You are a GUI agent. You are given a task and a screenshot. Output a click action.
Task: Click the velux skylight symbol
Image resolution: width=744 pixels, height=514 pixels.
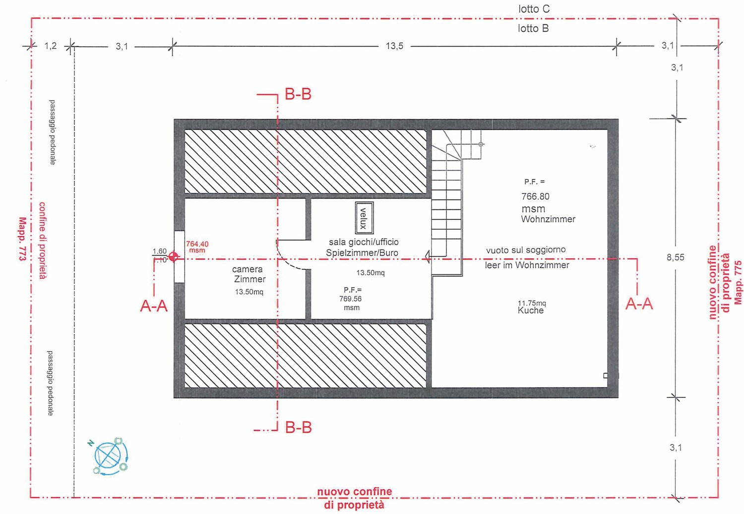pyautogui.click(x=364, y=218)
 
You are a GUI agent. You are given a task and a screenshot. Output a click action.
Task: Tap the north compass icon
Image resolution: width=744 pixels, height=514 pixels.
pyautogui.click(x=111, y=456)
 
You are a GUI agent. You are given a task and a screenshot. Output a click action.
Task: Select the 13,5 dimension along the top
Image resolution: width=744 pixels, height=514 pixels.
pyautogui.click(x=394, y=46)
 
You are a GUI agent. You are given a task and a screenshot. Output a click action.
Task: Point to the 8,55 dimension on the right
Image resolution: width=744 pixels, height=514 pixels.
pyautogui.click(x=675, y=257)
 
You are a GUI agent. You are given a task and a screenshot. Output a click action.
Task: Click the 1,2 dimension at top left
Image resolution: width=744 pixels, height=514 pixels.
pyautogui.click(x=51, y=46)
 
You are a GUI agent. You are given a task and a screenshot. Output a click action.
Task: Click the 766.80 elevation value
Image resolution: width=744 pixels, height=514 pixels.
pyautogui.click(x=535, y=196)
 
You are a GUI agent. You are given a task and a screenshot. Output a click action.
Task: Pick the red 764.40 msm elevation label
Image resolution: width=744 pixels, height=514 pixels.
pyautogui.click(x=197, y=246)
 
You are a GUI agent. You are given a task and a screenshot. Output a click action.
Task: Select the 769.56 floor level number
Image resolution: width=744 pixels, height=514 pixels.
pyautogui.click(x=350, y=299)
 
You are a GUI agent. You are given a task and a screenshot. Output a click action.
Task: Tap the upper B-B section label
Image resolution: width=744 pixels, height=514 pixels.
pyautogui.click(x=298, y=94)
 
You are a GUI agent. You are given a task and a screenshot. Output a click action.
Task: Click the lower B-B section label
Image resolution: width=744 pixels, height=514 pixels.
pyautogui.click(x=298, y=427)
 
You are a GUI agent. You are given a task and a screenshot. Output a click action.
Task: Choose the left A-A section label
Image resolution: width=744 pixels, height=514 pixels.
pyautogui.click(x=154, y=306)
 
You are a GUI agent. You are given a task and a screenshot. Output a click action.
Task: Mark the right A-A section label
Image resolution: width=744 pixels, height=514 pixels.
pyautogui.click(x=639, y=304)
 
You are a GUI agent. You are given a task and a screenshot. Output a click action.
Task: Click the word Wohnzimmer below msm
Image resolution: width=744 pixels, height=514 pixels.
pyautogui.click(x=548, y=219)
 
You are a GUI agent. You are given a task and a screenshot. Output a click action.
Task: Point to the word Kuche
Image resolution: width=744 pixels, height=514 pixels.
pyautogui.click(x=530, y=311)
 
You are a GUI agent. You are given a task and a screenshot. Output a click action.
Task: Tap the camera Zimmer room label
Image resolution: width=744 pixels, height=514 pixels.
pyautogui.click(x=248, y=274)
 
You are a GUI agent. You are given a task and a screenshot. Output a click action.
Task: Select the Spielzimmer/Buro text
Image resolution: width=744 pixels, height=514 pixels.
pyautogui.click(x=362, y=253)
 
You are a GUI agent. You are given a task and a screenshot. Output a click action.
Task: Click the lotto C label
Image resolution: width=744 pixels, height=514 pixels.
pyautogui.click(x=534, y=9)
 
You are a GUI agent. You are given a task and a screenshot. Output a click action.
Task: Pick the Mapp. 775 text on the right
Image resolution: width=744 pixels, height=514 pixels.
pyautogui.click(x=738, y=282)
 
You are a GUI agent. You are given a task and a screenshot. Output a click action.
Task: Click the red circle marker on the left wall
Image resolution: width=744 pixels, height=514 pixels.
pyautogui.click(x=173, y=257)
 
